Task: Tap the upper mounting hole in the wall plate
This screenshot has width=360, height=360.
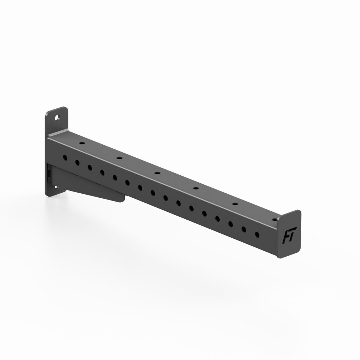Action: [x=57, y=117]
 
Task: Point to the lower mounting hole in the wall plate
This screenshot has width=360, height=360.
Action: [x=56, y=187]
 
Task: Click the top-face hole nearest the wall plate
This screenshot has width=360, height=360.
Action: [x=82, y=143]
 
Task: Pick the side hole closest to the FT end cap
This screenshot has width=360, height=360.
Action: [x=257, y=234]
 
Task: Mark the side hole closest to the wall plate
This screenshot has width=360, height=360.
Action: [x=66, y=157]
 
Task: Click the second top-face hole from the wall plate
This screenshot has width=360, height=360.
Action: [x=118, y=157]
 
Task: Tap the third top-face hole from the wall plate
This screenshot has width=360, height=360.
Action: [x=157, y=173]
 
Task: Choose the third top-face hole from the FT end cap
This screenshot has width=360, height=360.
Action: [x=196, y=188]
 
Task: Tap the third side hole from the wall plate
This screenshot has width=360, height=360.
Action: [x=90, y=167]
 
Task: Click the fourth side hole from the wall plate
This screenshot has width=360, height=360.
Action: [x=102, y=172]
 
